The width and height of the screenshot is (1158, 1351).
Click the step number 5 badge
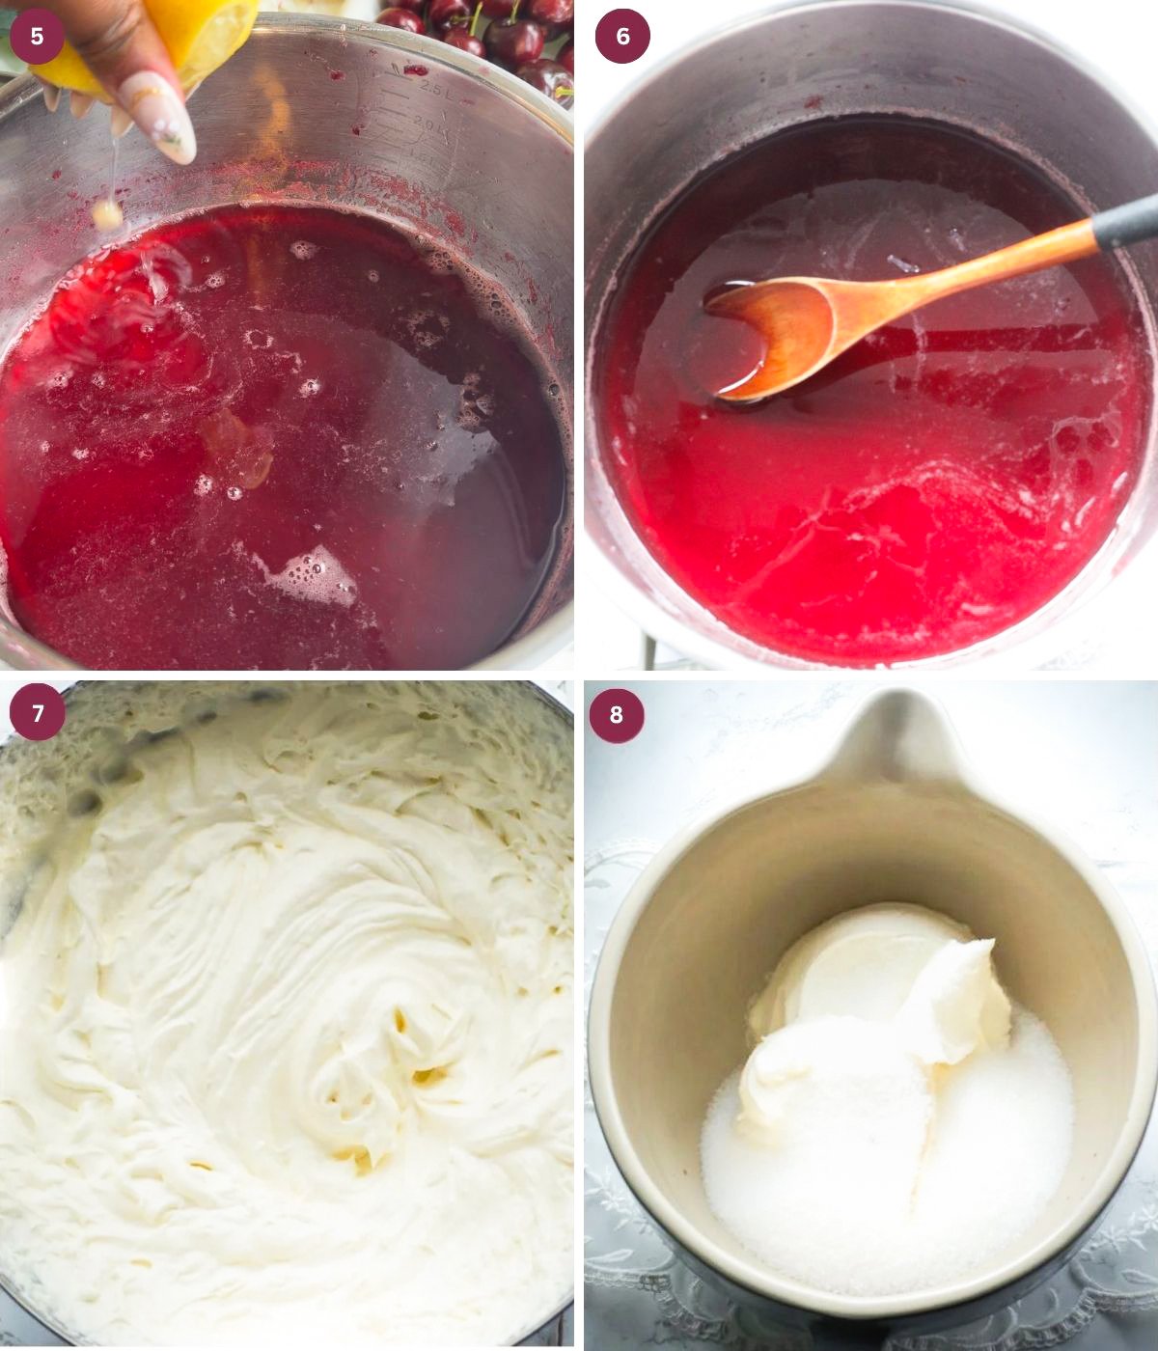37,37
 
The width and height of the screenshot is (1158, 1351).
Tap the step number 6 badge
622,37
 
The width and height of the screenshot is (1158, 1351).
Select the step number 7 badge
38,713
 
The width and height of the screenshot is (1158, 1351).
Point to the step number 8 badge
617,715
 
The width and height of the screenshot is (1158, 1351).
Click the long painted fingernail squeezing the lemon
159,116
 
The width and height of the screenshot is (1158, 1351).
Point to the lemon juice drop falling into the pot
107,214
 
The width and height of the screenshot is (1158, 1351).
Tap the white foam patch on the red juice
309,574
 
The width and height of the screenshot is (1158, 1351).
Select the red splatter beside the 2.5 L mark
416,70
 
